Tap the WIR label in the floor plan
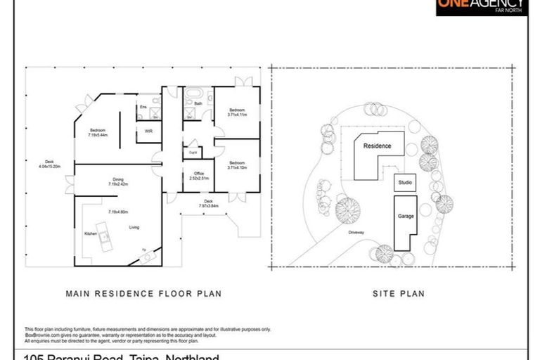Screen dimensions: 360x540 click(148, 131)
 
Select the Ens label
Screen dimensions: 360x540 click(142, 107)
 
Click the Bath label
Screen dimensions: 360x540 click(198, 104)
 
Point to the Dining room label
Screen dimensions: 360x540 click(118, 181)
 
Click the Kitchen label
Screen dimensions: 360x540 click(91, 233)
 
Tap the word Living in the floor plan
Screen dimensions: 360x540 click(134, 227)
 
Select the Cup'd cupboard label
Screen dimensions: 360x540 click(193, 151)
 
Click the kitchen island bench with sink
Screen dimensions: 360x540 click(104, 236)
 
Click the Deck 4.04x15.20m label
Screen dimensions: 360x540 click(50, 165)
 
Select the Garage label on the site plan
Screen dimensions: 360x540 click(404, 217)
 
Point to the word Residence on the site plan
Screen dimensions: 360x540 click(377, 147)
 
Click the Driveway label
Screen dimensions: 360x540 click(354, 231)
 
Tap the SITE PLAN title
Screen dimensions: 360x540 click(398, 294)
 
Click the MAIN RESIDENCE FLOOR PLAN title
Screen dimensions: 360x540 click(143, 294)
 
